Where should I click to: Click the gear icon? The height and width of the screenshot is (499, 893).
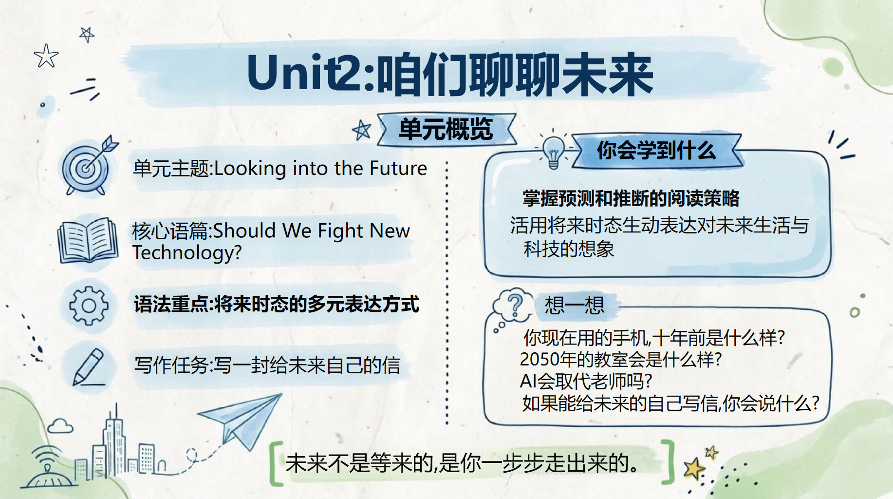[89, 306]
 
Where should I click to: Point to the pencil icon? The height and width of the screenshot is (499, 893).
[89, 367]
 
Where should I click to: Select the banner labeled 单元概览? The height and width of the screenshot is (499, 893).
[446, 130]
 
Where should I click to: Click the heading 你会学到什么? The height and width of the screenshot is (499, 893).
[656, 151]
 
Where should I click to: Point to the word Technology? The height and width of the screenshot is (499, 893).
[187, 252]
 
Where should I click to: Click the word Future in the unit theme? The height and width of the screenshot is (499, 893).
[398, 169]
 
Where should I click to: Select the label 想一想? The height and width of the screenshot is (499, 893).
[575, 306]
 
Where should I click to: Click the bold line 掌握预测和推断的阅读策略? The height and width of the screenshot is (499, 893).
[631, 198]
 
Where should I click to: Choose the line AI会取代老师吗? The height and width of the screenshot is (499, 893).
[586, 381]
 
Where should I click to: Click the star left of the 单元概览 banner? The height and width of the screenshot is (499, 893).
[362, 130]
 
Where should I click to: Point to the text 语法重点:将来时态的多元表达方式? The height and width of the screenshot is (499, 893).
[277, 304]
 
